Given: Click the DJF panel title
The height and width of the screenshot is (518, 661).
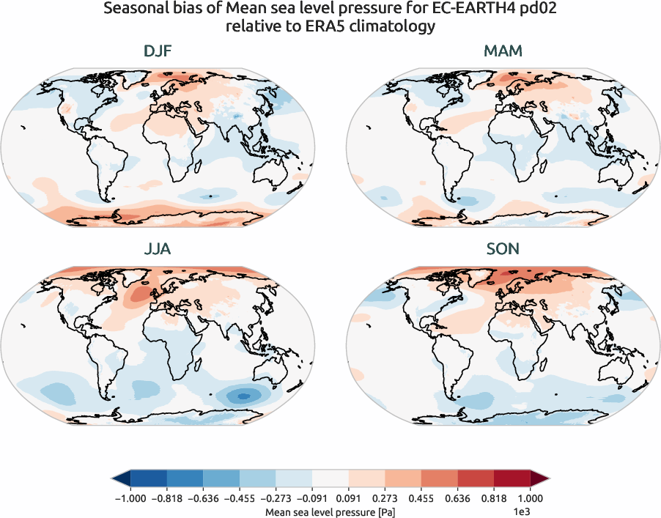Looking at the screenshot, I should [x=158, y=52].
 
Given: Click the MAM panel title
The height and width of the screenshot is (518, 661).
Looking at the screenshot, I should [x=503, y=52].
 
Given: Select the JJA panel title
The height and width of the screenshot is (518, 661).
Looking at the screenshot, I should [x=158, y=249].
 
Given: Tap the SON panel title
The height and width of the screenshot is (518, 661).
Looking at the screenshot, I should [x=503, y=249].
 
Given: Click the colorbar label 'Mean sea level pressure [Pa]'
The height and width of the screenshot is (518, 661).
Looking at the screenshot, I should [x=330, y=511].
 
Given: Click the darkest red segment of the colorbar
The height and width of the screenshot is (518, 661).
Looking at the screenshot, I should [x=512, y=479].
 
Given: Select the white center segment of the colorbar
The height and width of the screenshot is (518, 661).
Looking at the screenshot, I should [x=330, y=479].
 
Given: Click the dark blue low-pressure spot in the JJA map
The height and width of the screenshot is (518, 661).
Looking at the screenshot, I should [x=245, y=396].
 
